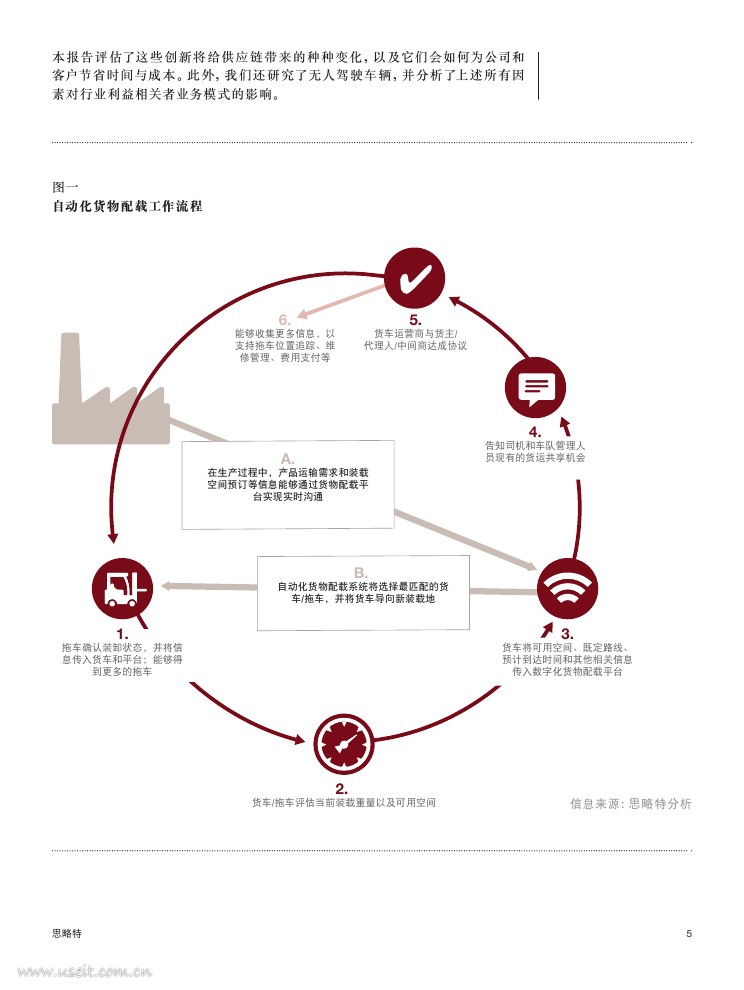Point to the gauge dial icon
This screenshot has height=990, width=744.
click(344, 743)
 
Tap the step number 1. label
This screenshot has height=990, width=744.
click(122, 634)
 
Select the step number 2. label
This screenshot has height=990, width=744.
click(342, 788)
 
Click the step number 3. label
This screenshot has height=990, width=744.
click(567, 634)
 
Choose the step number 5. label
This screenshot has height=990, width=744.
click(415, 320)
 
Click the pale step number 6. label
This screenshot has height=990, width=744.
click(284, 320)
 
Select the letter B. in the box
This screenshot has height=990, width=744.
click(361, 572)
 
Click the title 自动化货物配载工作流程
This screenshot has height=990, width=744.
click(127, 207)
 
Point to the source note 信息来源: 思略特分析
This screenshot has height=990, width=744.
click(630, 802)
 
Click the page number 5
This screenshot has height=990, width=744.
click(688, 933)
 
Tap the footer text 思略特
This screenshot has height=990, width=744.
click(67, 933)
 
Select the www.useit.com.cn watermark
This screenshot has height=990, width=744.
click(84, 970)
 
